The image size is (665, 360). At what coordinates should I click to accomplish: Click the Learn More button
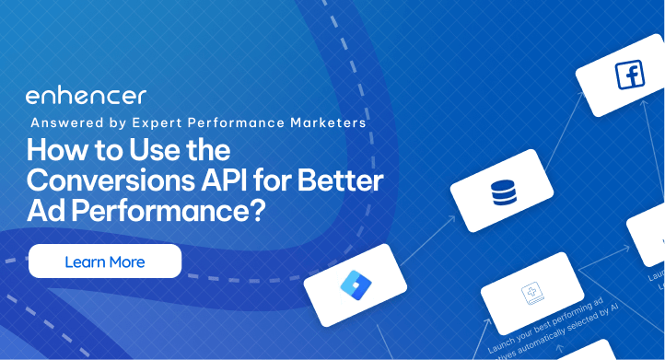[x=105, y=261]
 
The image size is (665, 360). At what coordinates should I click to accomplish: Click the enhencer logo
[x=86, y=97]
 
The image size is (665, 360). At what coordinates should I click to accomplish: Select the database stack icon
[x=503, y=192]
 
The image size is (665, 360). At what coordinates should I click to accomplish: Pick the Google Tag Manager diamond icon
[x=354, y=285]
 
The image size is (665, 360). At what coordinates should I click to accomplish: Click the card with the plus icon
[x=532, y=294]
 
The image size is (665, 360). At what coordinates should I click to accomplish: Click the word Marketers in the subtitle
[x=328, y=122]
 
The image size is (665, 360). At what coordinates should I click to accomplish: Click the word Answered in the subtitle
[x=65, y=122]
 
